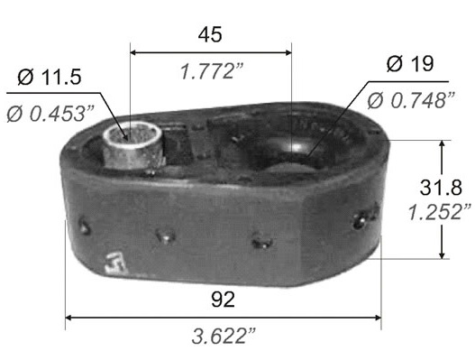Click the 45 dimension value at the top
click(210, 34)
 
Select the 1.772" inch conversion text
click(212, 71)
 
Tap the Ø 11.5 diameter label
click(50, 77)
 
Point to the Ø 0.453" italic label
click(50, 114)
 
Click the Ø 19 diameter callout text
click(410, 64)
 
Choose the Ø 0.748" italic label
click(411, 101)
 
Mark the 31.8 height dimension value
click(441, 187)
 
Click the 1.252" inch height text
click(440, 212)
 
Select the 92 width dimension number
click(223, 300)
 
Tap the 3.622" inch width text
click(224, 337)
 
